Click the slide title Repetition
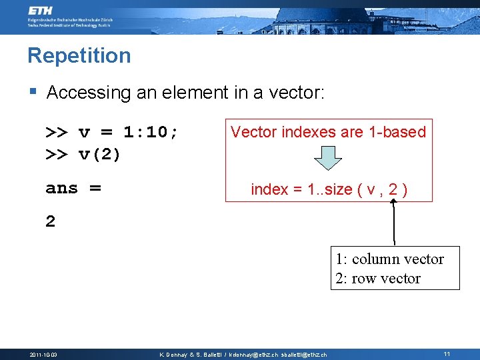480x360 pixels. point(79,55)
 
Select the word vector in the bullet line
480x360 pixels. point(296,93)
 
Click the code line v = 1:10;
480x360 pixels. point(112,132)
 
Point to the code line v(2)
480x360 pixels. point(83,155)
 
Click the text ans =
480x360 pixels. point(73,188)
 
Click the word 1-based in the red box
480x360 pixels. point(397,132)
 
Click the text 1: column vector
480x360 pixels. point(389,259)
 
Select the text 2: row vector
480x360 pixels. point(378,279)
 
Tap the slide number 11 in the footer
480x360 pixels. point(447,354)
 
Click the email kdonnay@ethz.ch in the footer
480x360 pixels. point(253,355)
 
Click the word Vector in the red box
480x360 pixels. point(253,132)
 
